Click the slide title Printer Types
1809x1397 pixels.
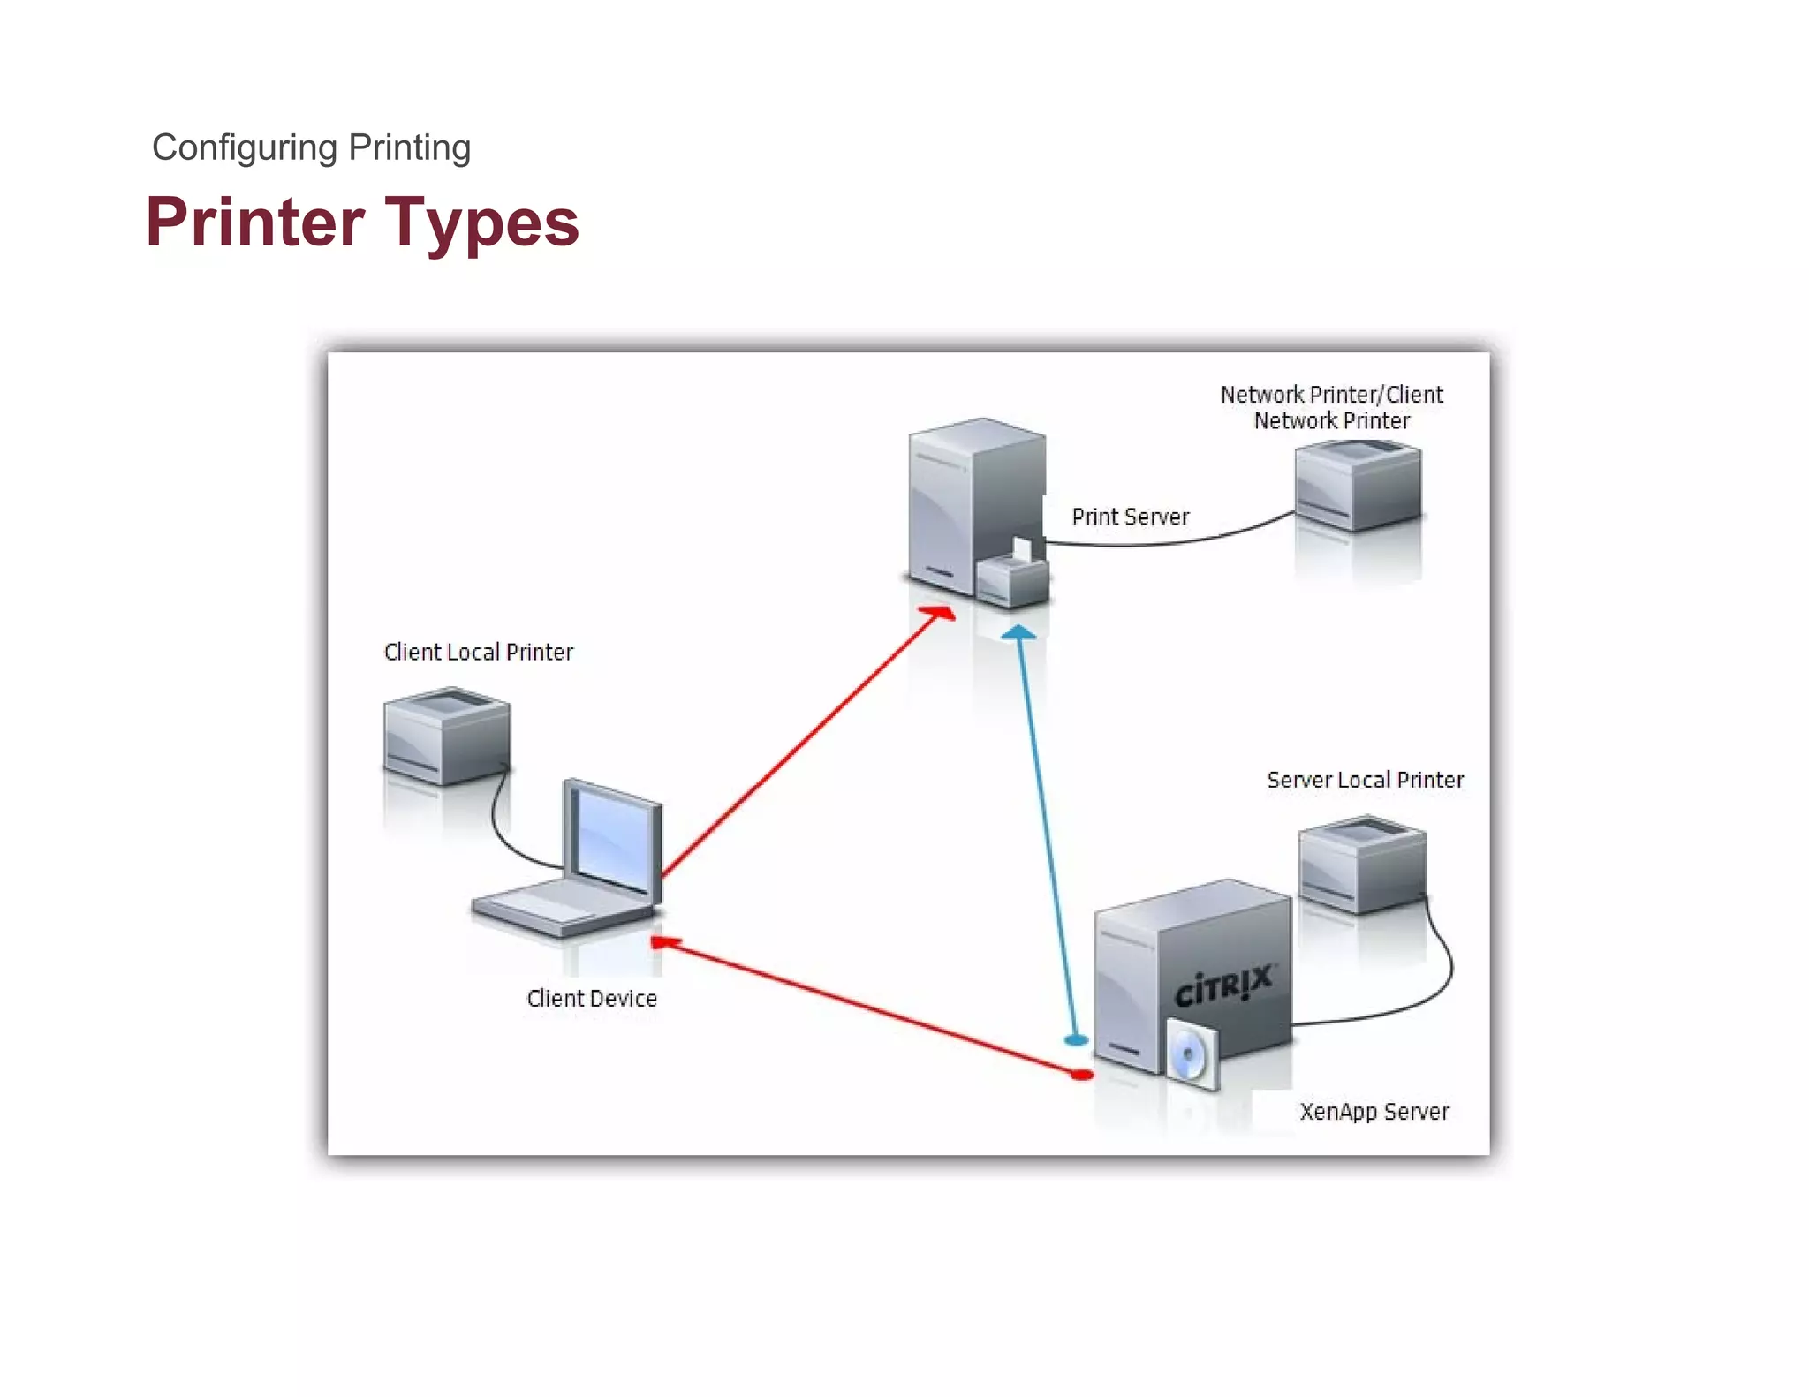362,223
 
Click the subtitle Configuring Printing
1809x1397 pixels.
311,147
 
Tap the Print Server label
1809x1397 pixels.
1130,517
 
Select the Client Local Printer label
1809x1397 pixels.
478,652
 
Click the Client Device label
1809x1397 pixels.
591,998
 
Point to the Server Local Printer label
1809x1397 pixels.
1365,780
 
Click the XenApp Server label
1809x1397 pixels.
1374,1111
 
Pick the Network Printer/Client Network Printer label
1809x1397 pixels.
1331,407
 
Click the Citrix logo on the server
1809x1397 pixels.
1222,985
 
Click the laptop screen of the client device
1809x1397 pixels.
612,838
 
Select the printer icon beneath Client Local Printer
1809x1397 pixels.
446,737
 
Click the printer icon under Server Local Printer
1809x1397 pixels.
1361,865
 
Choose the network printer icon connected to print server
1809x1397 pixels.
1357,487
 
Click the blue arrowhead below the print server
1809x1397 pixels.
1018,632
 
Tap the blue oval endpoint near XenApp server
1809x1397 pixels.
1075,1040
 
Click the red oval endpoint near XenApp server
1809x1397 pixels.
1081,1075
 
